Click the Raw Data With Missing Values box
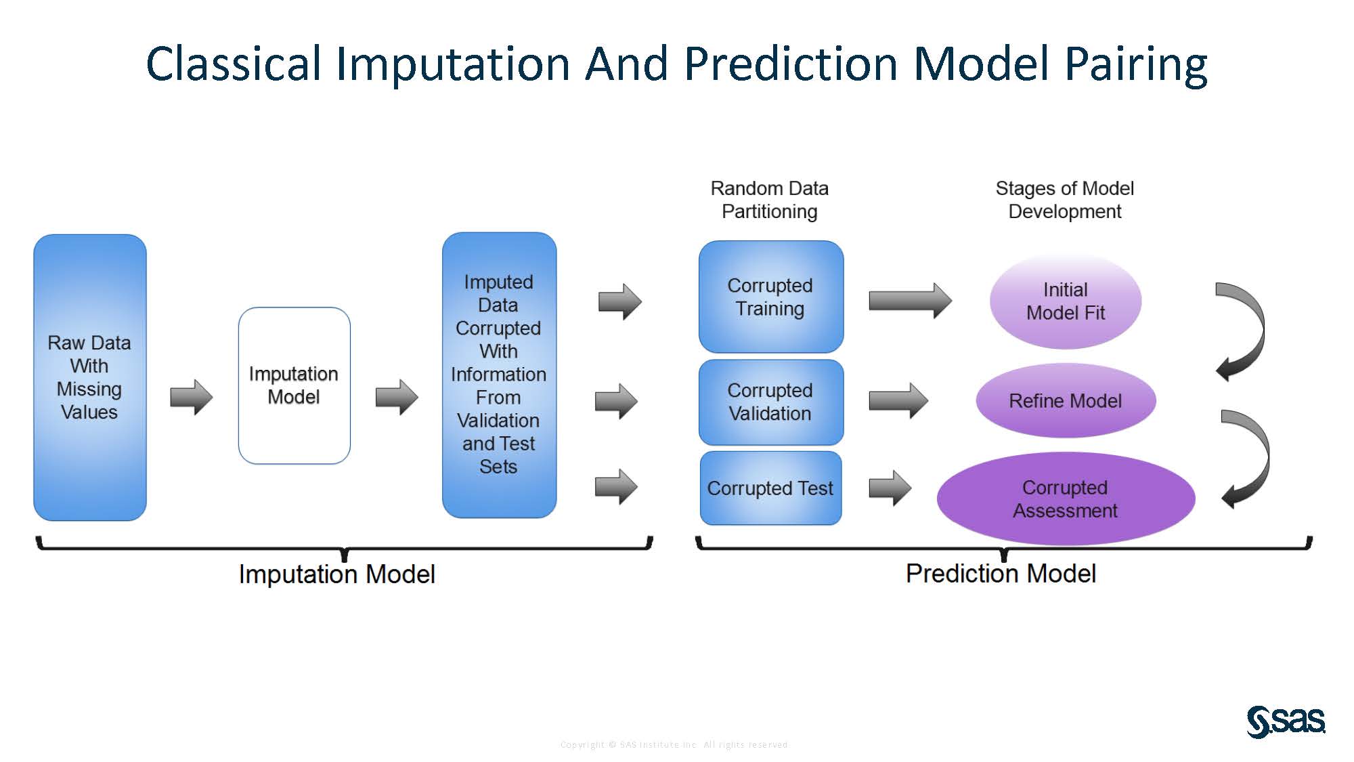[x=90, y=377]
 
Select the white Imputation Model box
[x=294, y=385]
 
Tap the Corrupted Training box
[x=770, y=297]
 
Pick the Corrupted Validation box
[x=770, y=402]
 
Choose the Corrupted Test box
[x=770, y=488]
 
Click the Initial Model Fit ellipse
[x=1065, y=301]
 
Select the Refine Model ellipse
[x=1065, y=400]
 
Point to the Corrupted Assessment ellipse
[x=1065, y=499]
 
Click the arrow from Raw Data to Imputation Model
[x=192, y=397]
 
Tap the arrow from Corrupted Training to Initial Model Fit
[x=909, y=300]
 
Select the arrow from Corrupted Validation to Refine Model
[x=898, y=401]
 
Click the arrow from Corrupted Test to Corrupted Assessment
[x=890, y=488]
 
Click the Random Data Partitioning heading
[x=769, y=200]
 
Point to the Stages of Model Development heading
[x=1064, y=200]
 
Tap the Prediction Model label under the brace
[x=1000, y=574]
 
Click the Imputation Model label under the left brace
[x=336, y=574]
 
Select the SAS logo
[x=1285, y=721]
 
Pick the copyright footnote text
[x=674, y=744]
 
